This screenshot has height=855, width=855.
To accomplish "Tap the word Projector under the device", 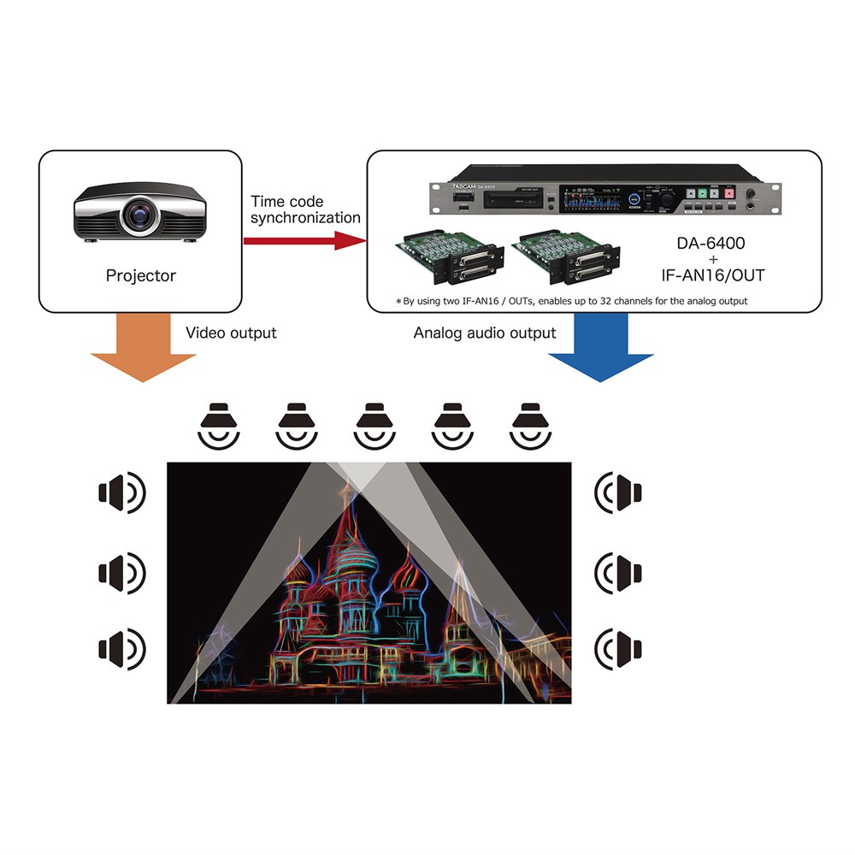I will tap(141, 275).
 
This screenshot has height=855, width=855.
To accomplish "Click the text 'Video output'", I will tap(231, 332).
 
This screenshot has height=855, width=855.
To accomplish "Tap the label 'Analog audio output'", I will tap(485, 333).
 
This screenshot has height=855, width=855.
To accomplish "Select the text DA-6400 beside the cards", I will tap(711, 243).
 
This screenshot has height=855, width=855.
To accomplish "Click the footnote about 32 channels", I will tap(571, 301).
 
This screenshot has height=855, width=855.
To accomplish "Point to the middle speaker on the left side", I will tap(122, 569).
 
